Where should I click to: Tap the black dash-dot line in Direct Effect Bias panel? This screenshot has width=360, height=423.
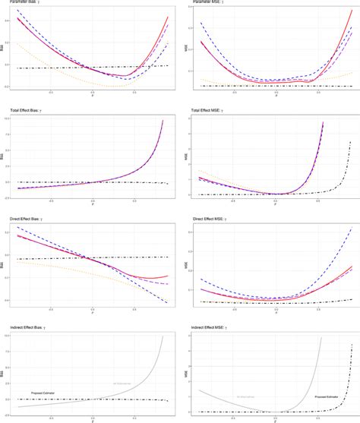click(61, 259)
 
